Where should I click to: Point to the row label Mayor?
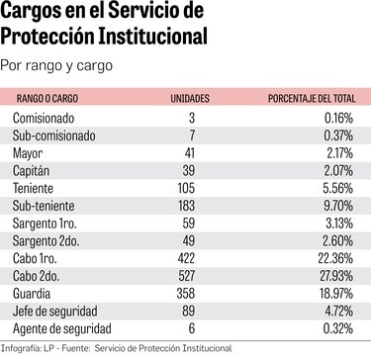[x=28, y=153]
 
